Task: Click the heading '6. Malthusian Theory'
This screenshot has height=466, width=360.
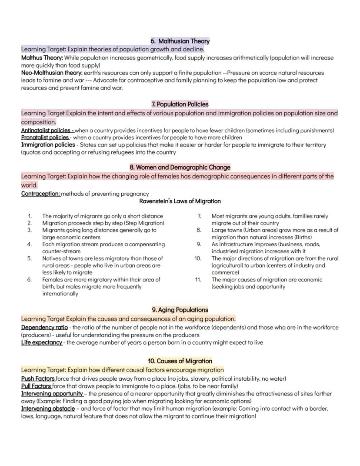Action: [180, 41]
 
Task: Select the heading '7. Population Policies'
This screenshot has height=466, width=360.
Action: [180, 104]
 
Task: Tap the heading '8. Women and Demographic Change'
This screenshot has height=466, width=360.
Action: [180, 167]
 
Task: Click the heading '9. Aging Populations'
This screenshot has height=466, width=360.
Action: [180, 310]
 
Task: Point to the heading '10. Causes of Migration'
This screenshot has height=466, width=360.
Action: [180, 361]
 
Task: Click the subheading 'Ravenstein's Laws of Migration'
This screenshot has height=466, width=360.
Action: [180, 201]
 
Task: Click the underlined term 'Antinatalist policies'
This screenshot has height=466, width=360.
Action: [47, 130]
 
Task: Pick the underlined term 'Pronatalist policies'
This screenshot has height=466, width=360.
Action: [45, 137]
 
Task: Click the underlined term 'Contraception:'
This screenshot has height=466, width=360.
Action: [40, 194]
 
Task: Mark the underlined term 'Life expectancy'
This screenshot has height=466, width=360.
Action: [42, 342]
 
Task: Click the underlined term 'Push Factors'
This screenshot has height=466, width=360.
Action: [38, 379]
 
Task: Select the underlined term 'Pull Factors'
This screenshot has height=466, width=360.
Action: [37, 386]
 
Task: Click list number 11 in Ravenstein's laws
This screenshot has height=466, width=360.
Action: [198, 279]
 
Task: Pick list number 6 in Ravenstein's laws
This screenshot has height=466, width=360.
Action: [30, 279]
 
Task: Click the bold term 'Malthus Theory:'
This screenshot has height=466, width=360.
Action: [42, 57]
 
